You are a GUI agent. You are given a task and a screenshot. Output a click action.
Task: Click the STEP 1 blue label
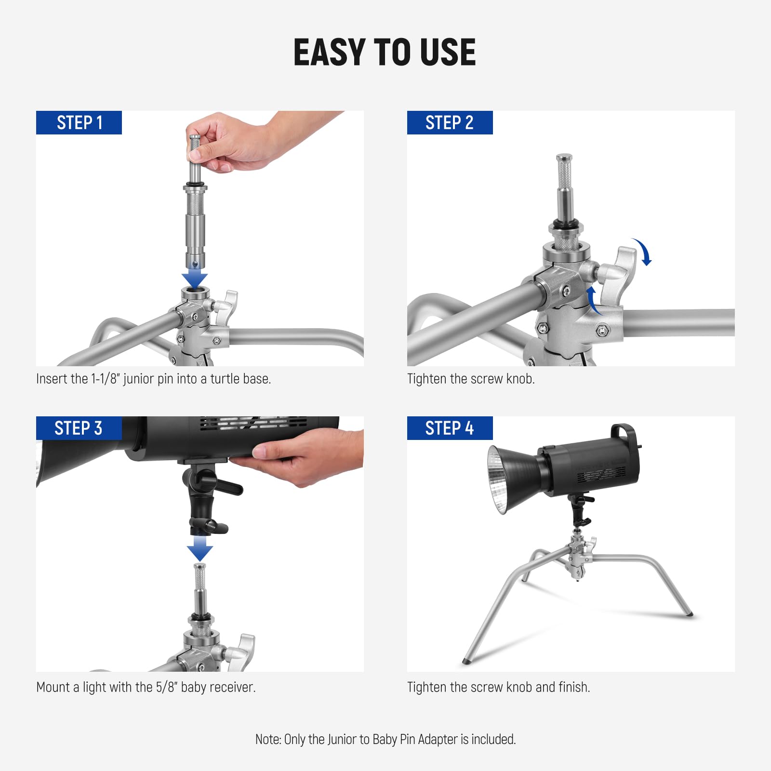click(x=79, y=122)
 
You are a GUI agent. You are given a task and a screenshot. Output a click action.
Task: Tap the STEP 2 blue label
click(x=450, y=122)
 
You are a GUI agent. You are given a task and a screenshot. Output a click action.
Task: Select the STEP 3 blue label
click(x=79, y=428)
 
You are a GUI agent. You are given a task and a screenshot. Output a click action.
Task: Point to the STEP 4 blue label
click(x=450, y=428)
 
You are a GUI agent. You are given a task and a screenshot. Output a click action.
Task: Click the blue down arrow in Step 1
click(x=195, y=279)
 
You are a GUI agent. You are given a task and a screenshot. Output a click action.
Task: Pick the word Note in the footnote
click(x=267, y=739)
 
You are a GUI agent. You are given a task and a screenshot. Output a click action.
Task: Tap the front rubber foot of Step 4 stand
click(x=466, y=660)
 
